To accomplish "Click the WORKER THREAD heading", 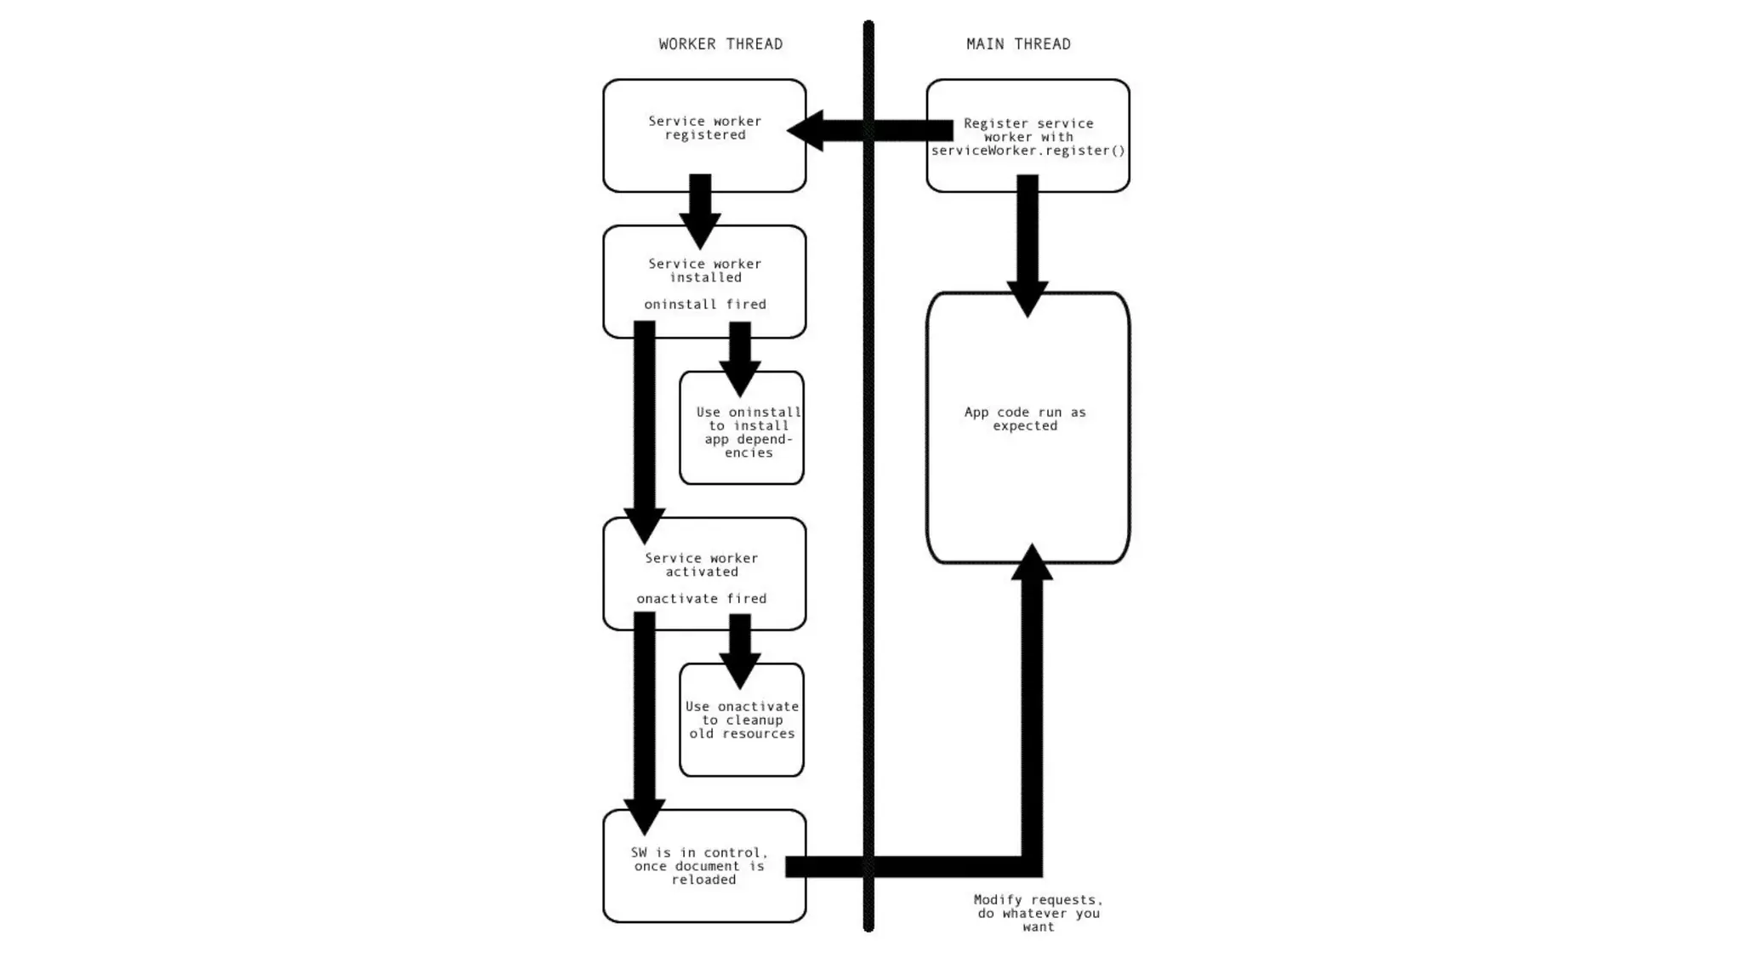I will click(720, 44).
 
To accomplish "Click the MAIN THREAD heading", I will click(1018, 44).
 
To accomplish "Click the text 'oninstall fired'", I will click(704, 305).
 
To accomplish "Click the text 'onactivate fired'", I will click(702, 599).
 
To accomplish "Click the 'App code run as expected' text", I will click(1025, 419).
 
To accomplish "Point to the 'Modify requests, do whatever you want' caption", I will click(1039, 913).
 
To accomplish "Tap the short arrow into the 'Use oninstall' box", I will click(740, 357).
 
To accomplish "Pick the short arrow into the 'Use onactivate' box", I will click(740, 650).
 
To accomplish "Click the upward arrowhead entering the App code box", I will click(1032, 563).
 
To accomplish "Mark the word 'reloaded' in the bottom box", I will click(703, 880).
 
